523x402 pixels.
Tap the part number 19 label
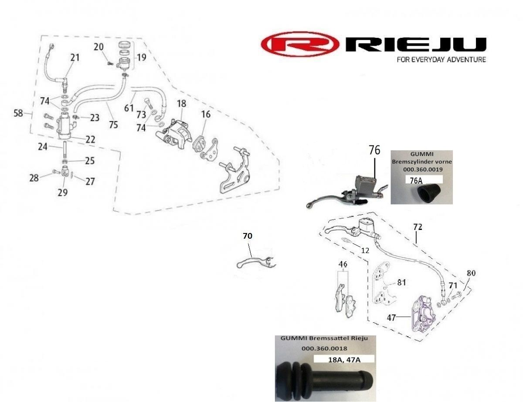[x=141, y=57]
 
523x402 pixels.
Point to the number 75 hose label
[x=113, y=125]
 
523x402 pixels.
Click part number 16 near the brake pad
[x=206, y=115]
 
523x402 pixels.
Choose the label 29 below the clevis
[x=63, y=192]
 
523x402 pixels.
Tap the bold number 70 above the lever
[x=248, y=236]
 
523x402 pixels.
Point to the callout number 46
[x=343, y=264]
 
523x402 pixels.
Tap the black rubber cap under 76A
[x=427, y=193]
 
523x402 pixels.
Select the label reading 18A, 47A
[x=344, y=359]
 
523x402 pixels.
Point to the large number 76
[x=374, y=150]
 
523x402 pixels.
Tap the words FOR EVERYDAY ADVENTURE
[x=441, y=60]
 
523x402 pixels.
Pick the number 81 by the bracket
[x=401, y=282]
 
